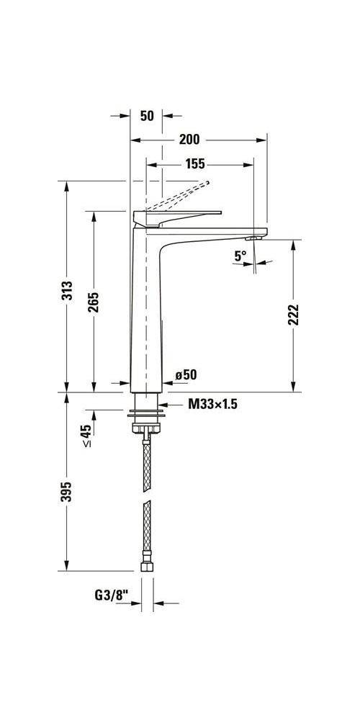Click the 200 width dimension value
pyautogui.click(x=189, y=140)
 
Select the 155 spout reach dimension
pyautogui.click(x=195, y=164)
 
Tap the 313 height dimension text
pyautogui.click(x=67, y=290)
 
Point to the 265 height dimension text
pyautogui.click(x=94, y=302)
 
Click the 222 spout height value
pyautogui.click(x=294, y=315)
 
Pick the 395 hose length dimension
pyautogui.click(x=67, y=491)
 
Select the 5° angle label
pyautogui.click(x=240, y=256)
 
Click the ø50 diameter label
pyautogui.click(x=186, y=374)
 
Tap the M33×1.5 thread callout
pyautogui.click(x=212, y=404)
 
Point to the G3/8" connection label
pyautogui.click(x=110, y=595)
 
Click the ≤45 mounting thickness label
pyautogui.click(x=86, y=436)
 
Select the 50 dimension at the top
pyautogui.click(x=147, y=116)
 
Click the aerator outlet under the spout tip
pyautogui.click(x=253, y=238)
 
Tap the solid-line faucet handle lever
pyautogui.click(x=177, y=217)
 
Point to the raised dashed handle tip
pyautogui.click(x=207, y=183)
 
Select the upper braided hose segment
pyautogui.click(x=147, y=464)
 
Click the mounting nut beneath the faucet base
pyautogui.click(x=146, y=428)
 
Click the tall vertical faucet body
pyautogui.click(x=146, y=310)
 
